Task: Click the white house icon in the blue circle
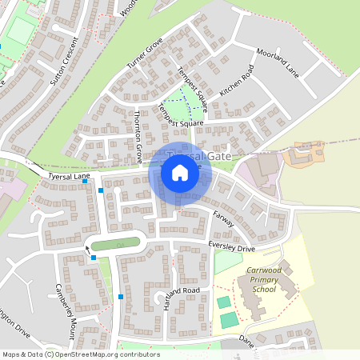click(180, 173)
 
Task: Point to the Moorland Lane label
click(278, 63)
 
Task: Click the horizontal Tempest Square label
click(180, 124)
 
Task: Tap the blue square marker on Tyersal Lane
click(85, 182)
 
